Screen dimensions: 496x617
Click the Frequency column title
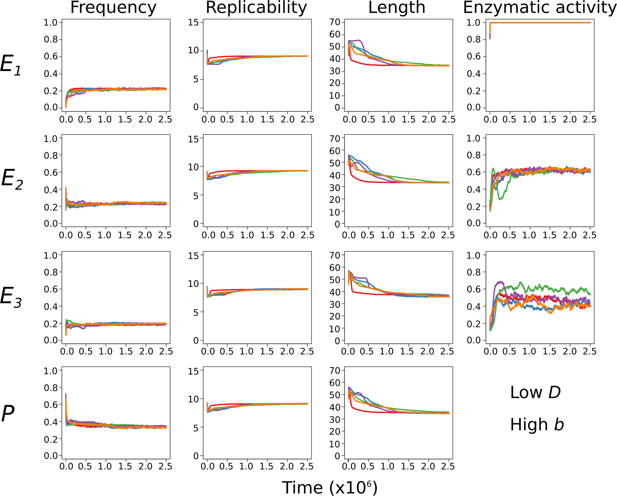[113, 8]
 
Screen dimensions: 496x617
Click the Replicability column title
[256, 8]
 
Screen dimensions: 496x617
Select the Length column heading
[397, 8]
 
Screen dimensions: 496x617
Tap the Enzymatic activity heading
[539, 8]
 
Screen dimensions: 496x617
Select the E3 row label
[11, 297]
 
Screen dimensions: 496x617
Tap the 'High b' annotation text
[537, 425]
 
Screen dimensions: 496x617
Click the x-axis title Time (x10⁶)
[329, 488]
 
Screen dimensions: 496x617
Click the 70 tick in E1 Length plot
[335, 22]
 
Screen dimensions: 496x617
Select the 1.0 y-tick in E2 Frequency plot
[50, 139]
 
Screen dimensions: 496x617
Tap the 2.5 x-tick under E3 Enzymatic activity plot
[589, 351]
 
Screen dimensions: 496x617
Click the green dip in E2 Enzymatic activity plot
[500, 198]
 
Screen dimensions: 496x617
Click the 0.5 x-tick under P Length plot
[367, 467]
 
